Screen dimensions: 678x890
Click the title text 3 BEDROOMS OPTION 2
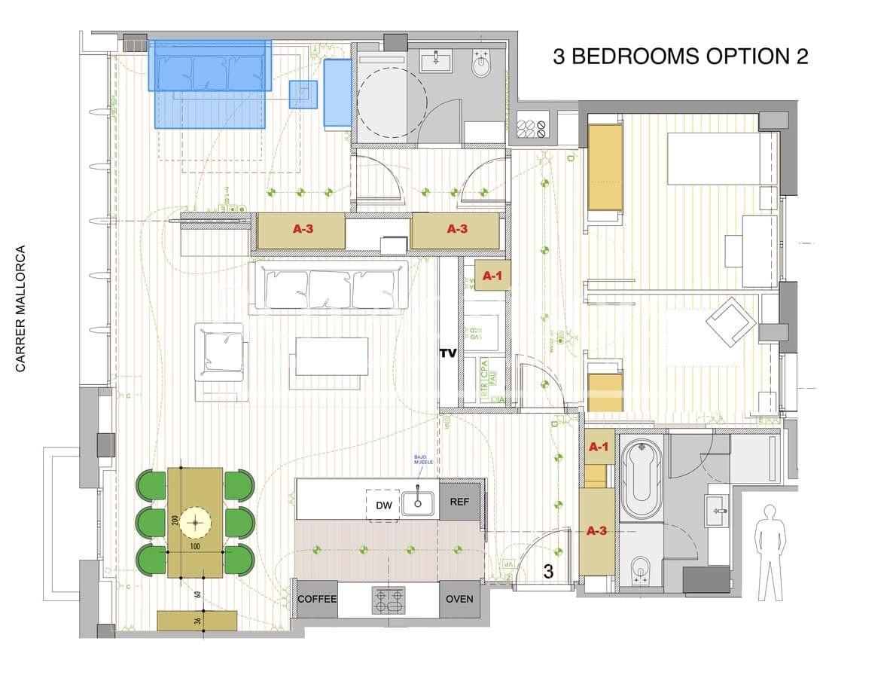(x=680, y=57)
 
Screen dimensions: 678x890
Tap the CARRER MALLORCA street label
(x=21, y=308)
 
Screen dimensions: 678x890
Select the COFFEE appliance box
(x=317, y=599)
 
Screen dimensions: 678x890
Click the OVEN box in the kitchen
(x=459, y=599)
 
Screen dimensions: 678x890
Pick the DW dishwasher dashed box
(x=384, y=505)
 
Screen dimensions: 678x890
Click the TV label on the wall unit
(x=449, y=352)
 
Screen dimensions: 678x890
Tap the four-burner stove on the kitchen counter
(x=388, y=600)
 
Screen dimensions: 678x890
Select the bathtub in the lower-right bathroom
(x=640, y=478)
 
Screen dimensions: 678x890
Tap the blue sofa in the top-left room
(x=210, y=66)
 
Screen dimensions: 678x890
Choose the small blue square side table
(x=303, y=94)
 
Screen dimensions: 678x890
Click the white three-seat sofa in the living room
(x=331, y=286)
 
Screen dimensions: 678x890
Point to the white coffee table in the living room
(x=331, y=356)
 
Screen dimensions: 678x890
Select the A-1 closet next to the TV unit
(x=492, y=276)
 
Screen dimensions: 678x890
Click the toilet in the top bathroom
(x=481, y=66)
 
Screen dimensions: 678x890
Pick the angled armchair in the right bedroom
(x=730, y=322)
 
